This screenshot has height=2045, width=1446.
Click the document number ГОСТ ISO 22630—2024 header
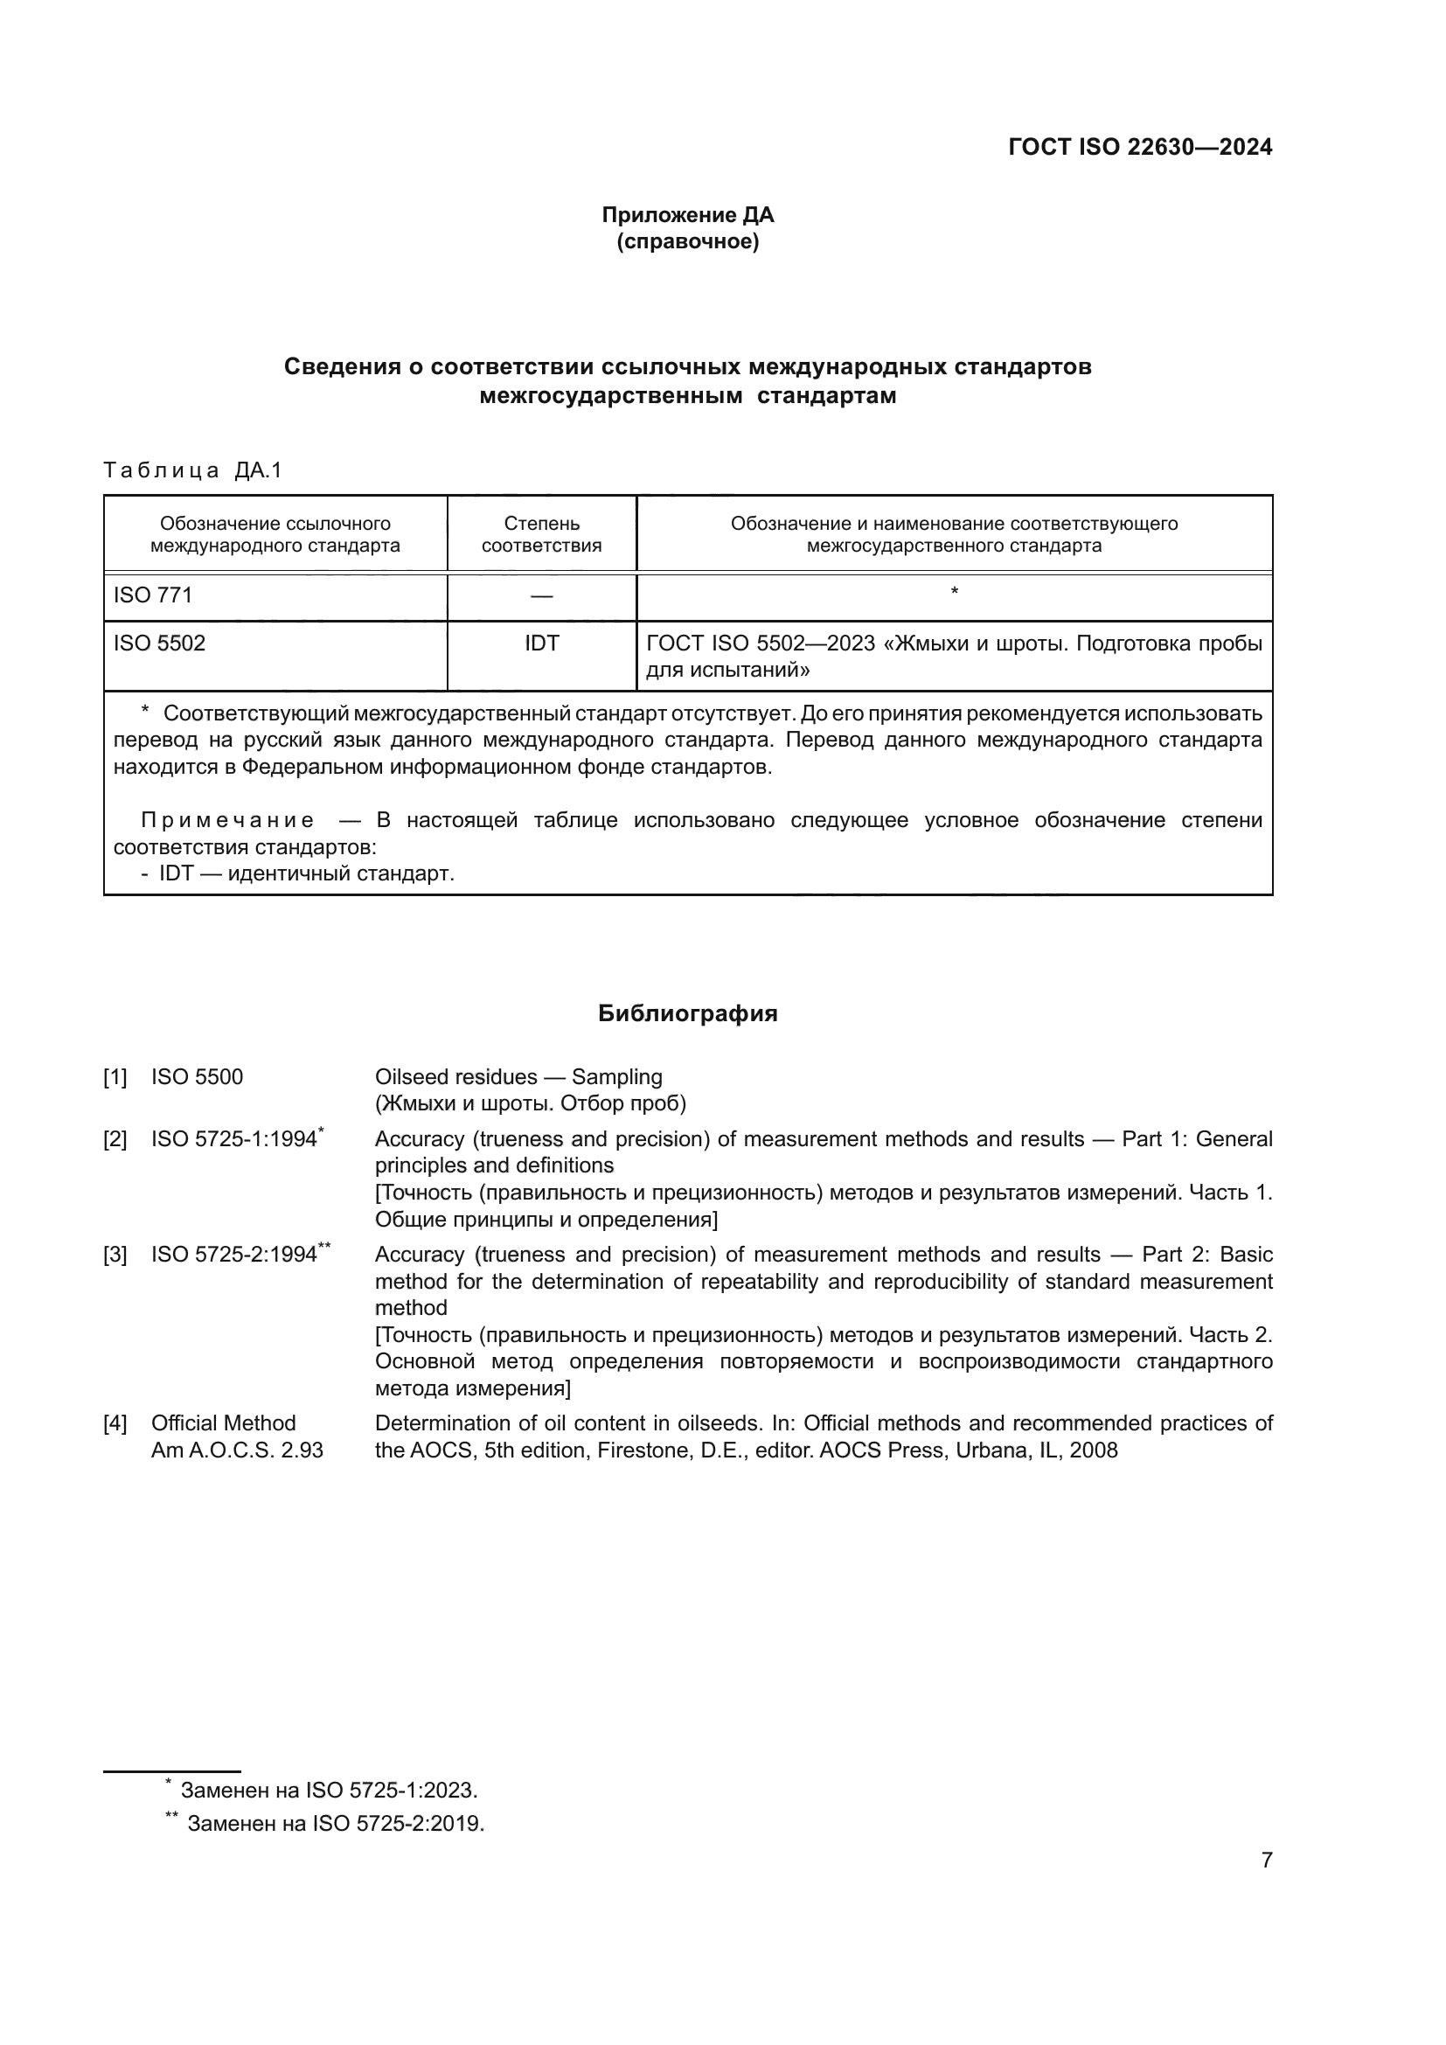[x=1140, y=148]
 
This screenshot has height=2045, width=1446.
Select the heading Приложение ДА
[x=687, y=215]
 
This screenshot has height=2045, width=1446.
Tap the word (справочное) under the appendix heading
[x=687, y=241]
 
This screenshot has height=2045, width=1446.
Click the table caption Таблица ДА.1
[x=192, y=470]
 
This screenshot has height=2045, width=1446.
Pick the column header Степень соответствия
[x=541, y=534]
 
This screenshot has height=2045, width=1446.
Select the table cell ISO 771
[x=153, y=595]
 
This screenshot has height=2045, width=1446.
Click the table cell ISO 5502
[x=159, y=643]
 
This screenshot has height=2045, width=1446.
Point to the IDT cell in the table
[x=541, y=643]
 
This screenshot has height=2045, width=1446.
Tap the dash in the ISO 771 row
[x=541, y=596]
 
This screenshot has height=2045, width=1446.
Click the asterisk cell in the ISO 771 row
[x=954, y=592]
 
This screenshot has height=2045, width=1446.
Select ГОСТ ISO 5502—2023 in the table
[x=761, y=643]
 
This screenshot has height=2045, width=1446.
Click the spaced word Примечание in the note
[x=227, y=820]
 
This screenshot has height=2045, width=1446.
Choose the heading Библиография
[x=687, y=1013]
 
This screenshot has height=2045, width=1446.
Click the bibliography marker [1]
[x=115, y=1078]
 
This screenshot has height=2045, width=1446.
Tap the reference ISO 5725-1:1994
[x=234, y=1139]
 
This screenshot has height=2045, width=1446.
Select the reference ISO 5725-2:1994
[x=234, y=1255]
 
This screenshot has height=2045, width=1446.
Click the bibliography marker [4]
[x=115, y=1423]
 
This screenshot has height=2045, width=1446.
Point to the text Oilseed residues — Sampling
[x=518, y=1077]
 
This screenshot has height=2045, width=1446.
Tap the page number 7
[x=1266, y=1860]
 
